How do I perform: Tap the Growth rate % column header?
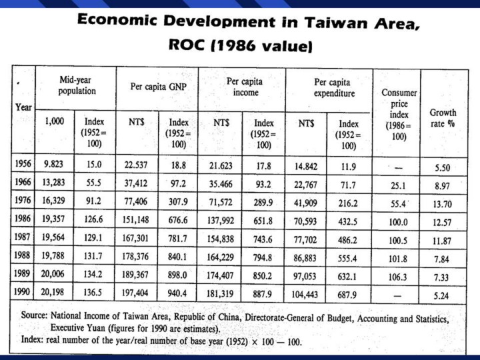click(x=443, y=118)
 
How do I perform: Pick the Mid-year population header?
click(x=77, y=85)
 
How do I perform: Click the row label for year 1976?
click(x=23, y=199)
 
